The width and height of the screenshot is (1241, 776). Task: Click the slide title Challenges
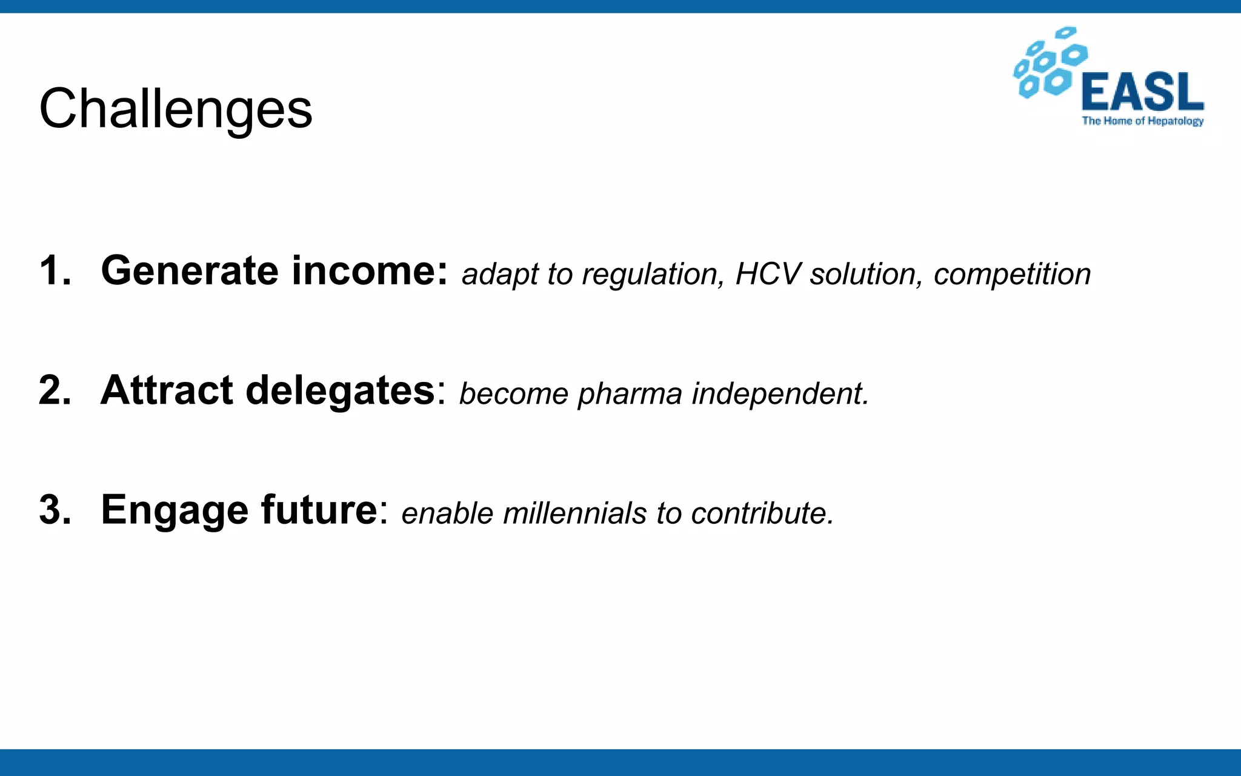point(176,109)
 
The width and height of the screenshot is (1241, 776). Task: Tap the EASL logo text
point(1142,92)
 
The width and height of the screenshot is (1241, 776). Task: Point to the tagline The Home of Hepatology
point(1142,121)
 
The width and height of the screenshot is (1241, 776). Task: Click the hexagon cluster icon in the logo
point(1050,62)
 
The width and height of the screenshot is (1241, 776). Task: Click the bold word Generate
point(189,270)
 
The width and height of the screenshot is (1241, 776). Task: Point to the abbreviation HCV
point(768,274)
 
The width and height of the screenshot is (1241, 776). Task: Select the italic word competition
point(1012,274)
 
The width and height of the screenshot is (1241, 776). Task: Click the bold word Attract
point(167,390)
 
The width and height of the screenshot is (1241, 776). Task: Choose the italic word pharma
point(630,395)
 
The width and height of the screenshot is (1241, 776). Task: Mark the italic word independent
point(780,394)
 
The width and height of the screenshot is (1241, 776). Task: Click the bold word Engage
point(175,510)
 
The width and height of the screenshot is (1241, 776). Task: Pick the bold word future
point(319,509)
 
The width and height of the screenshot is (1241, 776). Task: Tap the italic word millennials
point(575,513)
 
